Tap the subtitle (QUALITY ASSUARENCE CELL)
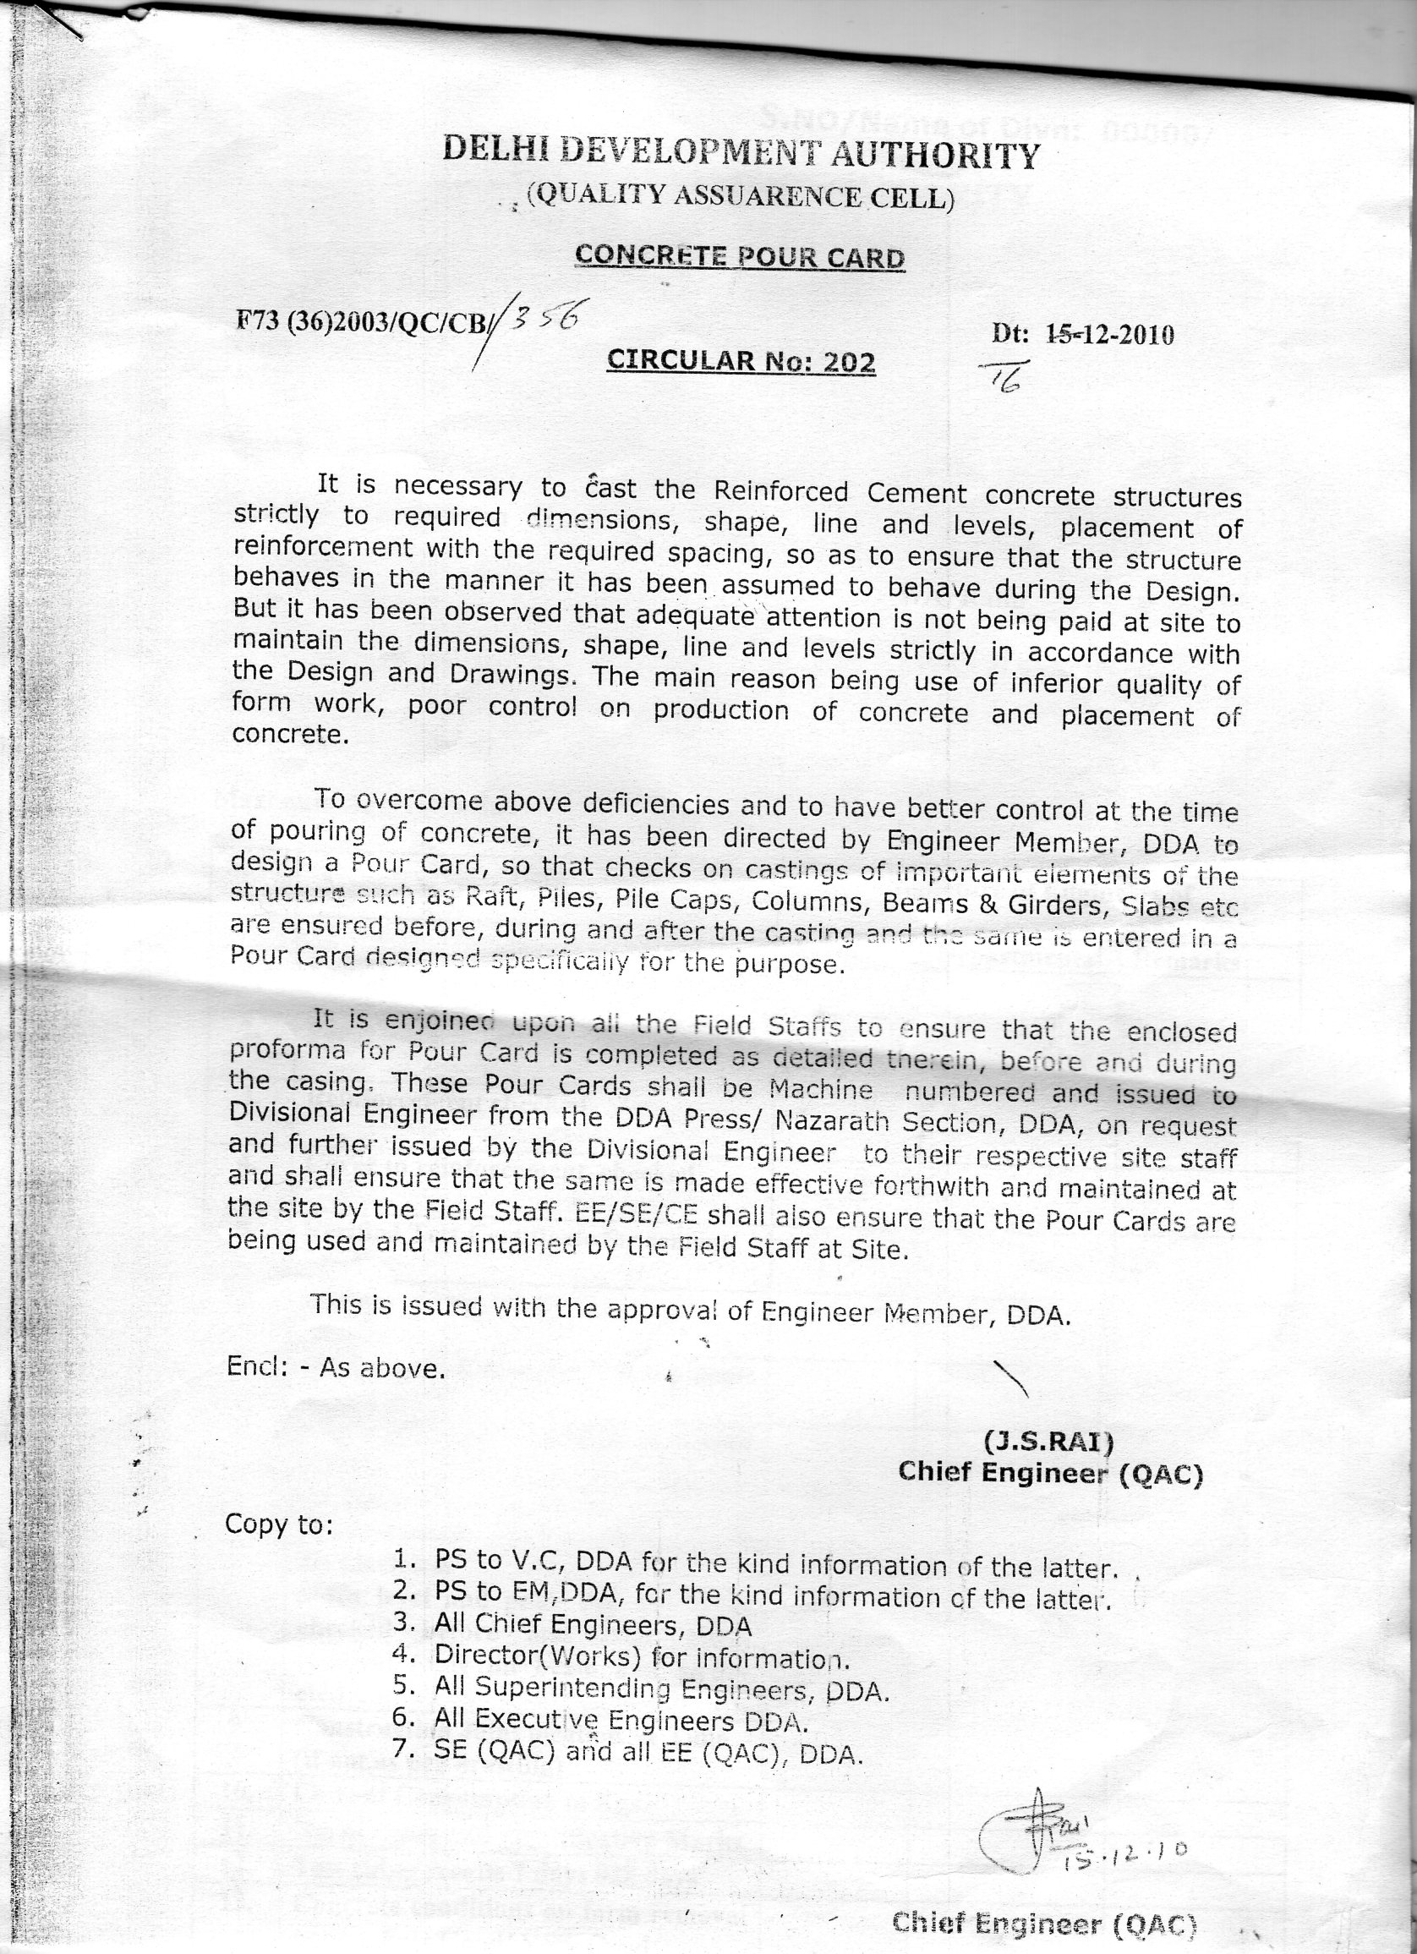pos(741,196)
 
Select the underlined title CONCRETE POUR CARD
pos(739,257)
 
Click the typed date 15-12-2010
pos(1109,334)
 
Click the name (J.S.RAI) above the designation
pos(1048,1441)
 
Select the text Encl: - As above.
pos(336,1368)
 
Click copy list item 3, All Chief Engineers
pos(593,1625)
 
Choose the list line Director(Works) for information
pos(642,1656)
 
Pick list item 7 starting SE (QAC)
pos(648,1753)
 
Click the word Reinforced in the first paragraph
pos(780,492)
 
